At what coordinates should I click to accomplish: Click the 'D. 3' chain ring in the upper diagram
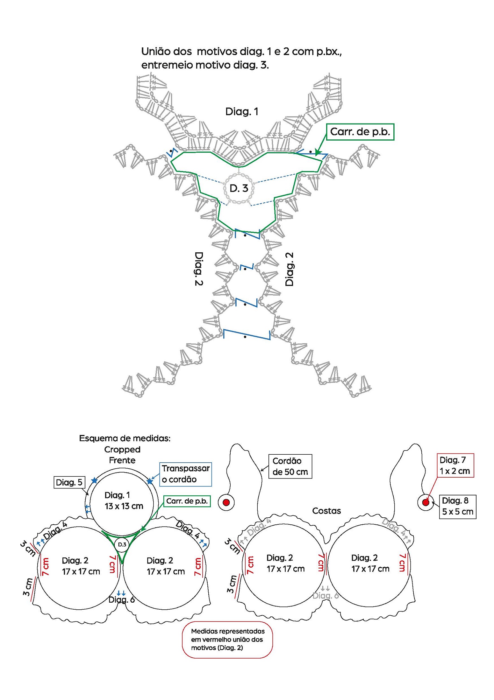click(x=239, y=188)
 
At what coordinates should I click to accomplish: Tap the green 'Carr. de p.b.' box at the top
click(x=360, y=132)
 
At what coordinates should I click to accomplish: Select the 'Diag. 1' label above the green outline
click(x=242, y=112)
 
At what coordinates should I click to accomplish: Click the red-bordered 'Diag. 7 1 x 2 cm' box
click(x=455, y=465)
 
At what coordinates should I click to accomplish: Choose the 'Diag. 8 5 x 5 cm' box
click(x=457, y=507)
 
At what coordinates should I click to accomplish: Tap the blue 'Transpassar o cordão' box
click(x=185, y=474)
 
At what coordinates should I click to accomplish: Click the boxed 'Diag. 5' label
click(x=69, y=482)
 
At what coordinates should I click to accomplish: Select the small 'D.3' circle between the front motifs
click(x=122, y=544)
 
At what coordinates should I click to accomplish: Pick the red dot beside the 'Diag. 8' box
click(x=426, y=502)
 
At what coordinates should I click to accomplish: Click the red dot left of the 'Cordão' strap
click(x=226, y=502)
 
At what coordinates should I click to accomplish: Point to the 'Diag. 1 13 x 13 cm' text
click(x=124, y=500)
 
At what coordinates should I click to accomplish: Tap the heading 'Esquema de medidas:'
click(x=125, y=438)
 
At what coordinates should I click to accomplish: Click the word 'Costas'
click(x=326, y=511)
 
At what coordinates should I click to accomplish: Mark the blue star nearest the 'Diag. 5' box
click(x=94, y=480)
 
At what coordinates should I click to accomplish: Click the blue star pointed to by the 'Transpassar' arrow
click(x=149, y=481)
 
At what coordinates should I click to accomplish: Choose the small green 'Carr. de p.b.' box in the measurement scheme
click(x=187, y=501)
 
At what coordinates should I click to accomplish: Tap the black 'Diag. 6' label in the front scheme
click(x=122, y=599)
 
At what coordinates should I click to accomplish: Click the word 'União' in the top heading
click(x=155, y=52)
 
